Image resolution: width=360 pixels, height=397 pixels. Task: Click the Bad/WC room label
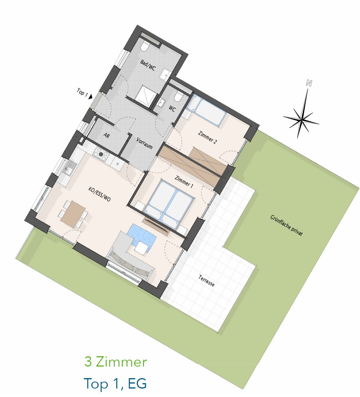point(148,65)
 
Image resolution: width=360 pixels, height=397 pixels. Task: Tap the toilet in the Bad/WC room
point(145,46)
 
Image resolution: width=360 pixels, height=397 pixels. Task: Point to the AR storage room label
point(107,136)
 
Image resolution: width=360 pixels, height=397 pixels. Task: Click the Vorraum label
point(144,143)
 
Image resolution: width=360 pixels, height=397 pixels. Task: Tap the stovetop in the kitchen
point(101,154)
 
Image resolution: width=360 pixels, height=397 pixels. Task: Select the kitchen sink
point(69,168)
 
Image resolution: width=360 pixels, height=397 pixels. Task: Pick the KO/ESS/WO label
point(99,194)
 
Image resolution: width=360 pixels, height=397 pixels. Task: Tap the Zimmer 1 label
point(184,182)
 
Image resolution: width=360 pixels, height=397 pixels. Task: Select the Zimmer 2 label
point(208,137)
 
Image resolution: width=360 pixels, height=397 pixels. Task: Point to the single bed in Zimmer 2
point(206,111)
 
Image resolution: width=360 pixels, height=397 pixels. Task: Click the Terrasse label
point(206,281)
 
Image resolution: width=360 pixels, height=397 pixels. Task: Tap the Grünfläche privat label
point(286,225)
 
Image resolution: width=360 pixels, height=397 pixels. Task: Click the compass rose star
point(301,119)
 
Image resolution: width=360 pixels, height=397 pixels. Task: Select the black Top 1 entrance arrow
point(90,96)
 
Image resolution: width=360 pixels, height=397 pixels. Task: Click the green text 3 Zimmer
point(116,362)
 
